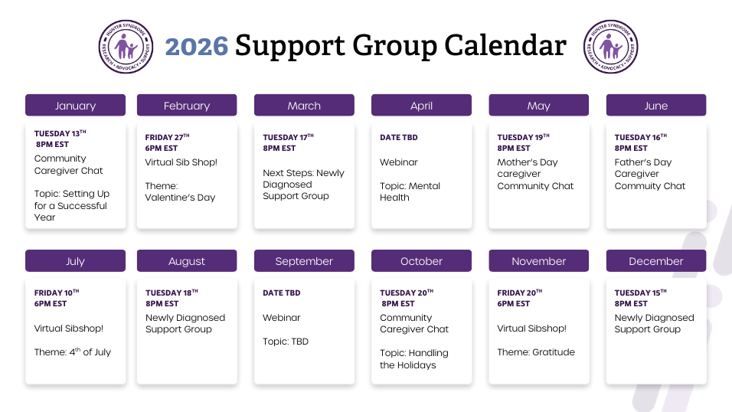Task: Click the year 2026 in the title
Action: coord(197,46)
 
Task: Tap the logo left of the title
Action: coord(126,47)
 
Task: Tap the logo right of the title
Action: coord(610,47)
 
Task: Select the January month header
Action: coord(75,105)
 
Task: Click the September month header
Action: coord(304,260)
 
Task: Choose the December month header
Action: coord(656,260)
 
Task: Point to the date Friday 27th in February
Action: coord(167,137)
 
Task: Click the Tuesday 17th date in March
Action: coord(288,137)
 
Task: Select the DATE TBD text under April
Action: coord(399,137)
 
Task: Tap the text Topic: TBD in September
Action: coord(286,342)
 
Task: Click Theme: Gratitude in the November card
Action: coord(536,352)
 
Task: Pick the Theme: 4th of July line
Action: coord(73,352)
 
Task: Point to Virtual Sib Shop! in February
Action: coord(181,162)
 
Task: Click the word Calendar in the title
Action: coord(505,45)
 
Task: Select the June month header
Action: coord(656,105)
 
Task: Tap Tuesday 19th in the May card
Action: coord(523,137)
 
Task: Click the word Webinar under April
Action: coord(399,162)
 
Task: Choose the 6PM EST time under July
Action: coord(51,303)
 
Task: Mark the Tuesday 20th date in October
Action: coord(407,293)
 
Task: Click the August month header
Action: coord(187,260)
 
